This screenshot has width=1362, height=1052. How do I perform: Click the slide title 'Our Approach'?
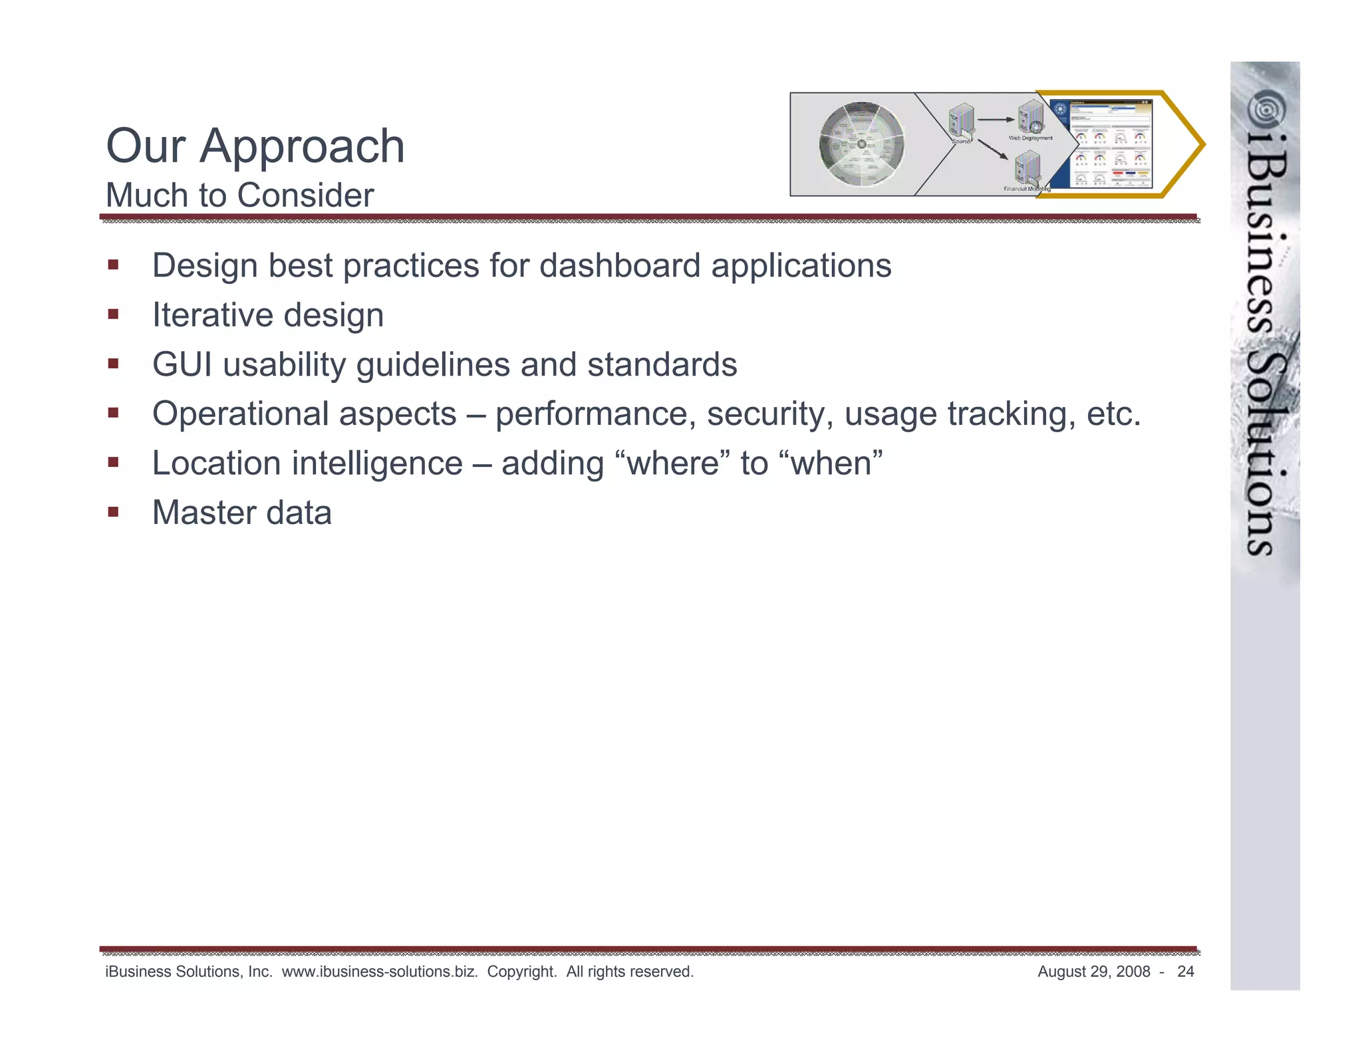tap(255, 146)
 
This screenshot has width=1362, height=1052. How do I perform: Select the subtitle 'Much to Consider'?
tap(239, 196)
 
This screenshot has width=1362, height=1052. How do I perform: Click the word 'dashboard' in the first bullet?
tap(619, 266)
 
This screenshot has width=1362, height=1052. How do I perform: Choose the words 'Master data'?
tap(242, 513)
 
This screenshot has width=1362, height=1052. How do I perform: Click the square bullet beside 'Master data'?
tap(113, 511)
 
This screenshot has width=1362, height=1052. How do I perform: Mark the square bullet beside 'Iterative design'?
tap(113, 314)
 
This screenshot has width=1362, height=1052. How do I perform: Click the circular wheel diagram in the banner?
tap(861, 144)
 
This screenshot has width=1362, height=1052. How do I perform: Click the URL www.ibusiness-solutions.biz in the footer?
tap(380, 972)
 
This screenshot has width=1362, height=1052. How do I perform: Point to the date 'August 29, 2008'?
tap(1093, 972)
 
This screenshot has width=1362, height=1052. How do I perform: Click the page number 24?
tap(1185, 972)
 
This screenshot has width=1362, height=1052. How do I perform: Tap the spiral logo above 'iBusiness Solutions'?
tap(1265, 110)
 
